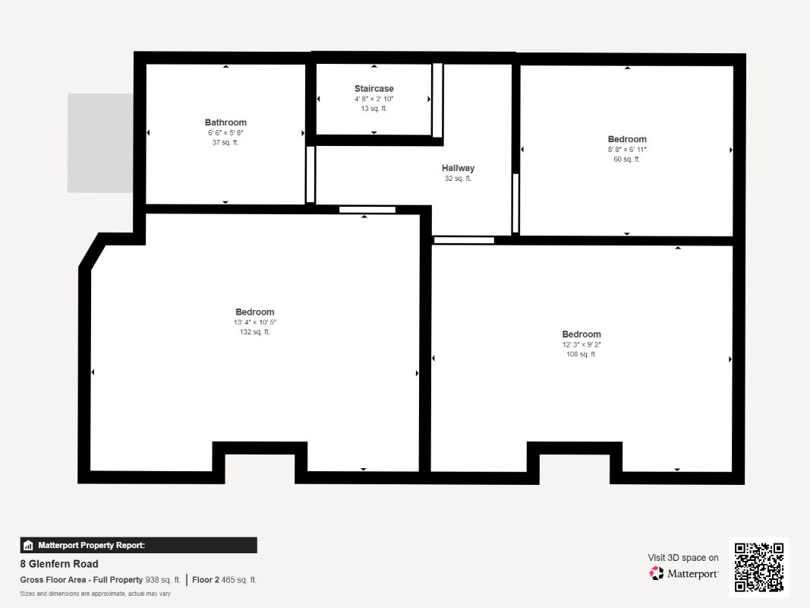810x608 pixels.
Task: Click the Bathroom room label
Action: tap(225, 122)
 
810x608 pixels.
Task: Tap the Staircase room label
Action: tap(374, 88)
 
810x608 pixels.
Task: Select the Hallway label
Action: tap(458, 168)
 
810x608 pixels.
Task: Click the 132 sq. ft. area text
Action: tap(254, 332)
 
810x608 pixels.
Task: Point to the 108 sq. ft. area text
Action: tap(581, 354)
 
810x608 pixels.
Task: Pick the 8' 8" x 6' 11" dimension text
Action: tap(627, 150)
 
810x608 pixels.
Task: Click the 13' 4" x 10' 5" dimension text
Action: tap(254, 322)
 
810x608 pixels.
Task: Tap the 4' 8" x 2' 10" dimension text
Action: tap(374, 99)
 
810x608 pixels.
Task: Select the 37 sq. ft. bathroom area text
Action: tap(225, 143)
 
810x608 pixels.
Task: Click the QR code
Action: tap(759, 567)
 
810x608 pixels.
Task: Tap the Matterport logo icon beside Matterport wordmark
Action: tap(657, 573)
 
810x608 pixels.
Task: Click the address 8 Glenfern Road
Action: tap(59, 563)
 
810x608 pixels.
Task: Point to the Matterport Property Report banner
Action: tap(138, 545)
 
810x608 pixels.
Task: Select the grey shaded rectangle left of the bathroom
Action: tap(100, 143)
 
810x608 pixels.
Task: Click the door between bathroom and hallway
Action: tap(310, 175)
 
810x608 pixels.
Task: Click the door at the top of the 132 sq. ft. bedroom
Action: tap(367, 210)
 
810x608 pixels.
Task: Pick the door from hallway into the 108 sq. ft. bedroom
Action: tap(464, 240)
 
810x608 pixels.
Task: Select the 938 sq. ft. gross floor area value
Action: tap(162, 580)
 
